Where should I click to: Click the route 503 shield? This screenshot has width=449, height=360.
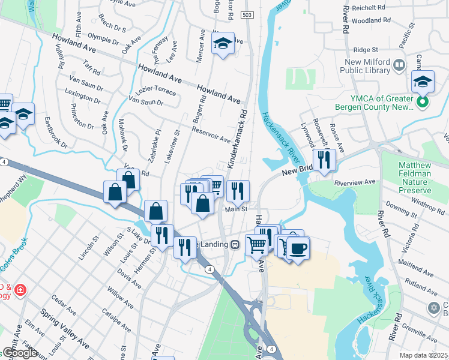[x=247, y=14]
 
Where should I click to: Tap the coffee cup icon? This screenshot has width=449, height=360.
[x=298, y=247]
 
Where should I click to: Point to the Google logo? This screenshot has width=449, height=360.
[x=20, y=353]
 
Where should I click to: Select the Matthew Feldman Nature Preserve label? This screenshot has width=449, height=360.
[x=414, y=173]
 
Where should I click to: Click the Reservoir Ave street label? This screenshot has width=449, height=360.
[x=211, y=134]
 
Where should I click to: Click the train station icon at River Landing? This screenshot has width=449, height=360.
[x=235, y=244]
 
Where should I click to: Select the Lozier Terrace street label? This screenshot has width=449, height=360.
[x=156, y=91]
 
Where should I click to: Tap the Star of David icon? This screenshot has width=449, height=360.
[x=433, y=308]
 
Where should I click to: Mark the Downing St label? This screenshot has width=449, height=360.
[x=402, y=210]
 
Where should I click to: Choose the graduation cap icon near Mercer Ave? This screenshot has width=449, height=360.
[x=223, y=43]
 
